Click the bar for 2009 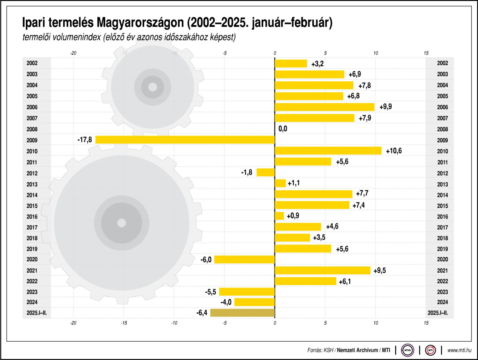pyautogui.click(x=185, y=140)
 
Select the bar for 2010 pyautogui.click(x=328, y=151)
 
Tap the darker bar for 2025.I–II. pyautogui.click(x=243, y=313)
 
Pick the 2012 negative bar pyautogui.click(x=266, y=172)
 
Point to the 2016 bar pyautogui.click(x=279, y=216)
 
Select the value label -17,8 pyautogui.click(x=84, y=140)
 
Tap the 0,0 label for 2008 pyautogui.click(x=283, y=129)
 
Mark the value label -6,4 pyautogui.click(x=202, y=313)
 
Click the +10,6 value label pyautogui.click(x=394, y=151)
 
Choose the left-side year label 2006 pyautogui.click(x=32, y=107)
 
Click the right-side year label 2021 pyautogui.click(x=443, y=271)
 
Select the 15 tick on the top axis pyautogui.click(x=426, y=53)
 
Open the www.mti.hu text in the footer pyautogui.click(x=460, y=350)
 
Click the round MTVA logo pyautogui.click(x=407, y=350)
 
